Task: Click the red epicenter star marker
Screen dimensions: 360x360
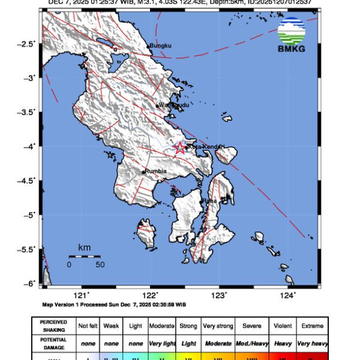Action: pos(179,147)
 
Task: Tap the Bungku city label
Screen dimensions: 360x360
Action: pos(160,46)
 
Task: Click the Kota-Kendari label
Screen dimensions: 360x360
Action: pos(205,146)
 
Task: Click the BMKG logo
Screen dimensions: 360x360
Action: pos(291,35)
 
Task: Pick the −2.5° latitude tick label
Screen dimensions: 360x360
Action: pos(26,44)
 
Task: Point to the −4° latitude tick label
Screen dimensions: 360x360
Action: pos(29,146)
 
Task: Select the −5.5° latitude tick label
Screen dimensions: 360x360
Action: pos(26,249)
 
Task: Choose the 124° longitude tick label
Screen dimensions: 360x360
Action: pos(288,294)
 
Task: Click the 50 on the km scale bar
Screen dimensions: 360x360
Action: pos(100,264)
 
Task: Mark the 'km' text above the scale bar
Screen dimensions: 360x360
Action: pos(84,247)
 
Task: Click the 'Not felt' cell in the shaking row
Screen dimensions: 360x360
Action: pos(88,326)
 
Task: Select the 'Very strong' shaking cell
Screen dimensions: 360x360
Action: pos(218,326)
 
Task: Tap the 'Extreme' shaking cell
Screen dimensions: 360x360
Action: pos(311,326)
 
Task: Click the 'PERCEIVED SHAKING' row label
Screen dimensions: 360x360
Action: pos(54,326)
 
